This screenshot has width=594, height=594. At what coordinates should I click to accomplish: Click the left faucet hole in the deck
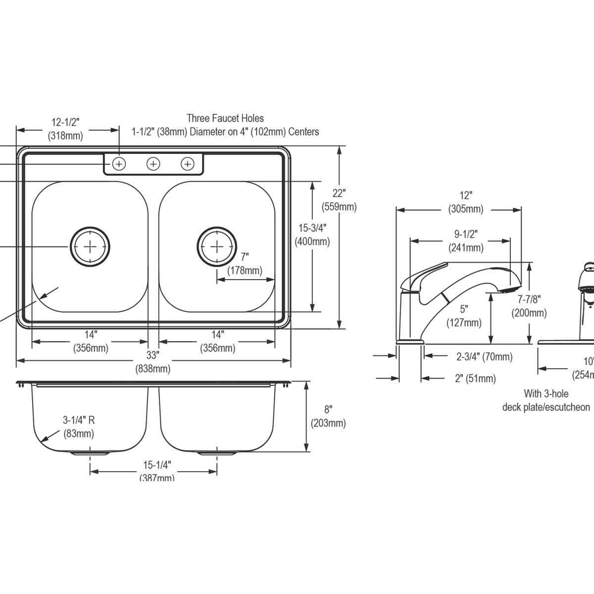click(119, 163)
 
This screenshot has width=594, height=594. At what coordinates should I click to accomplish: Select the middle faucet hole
click(153, 163)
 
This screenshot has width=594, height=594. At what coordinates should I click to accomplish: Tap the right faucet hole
click(187, 163)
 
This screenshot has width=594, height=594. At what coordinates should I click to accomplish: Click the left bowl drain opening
click(90, 246)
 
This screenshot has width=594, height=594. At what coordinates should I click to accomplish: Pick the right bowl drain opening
click(217, 246)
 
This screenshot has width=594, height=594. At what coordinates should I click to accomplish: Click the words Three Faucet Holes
click(225, 118)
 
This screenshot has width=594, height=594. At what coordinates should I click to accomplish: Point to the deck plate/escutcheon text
click(546, 407)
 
